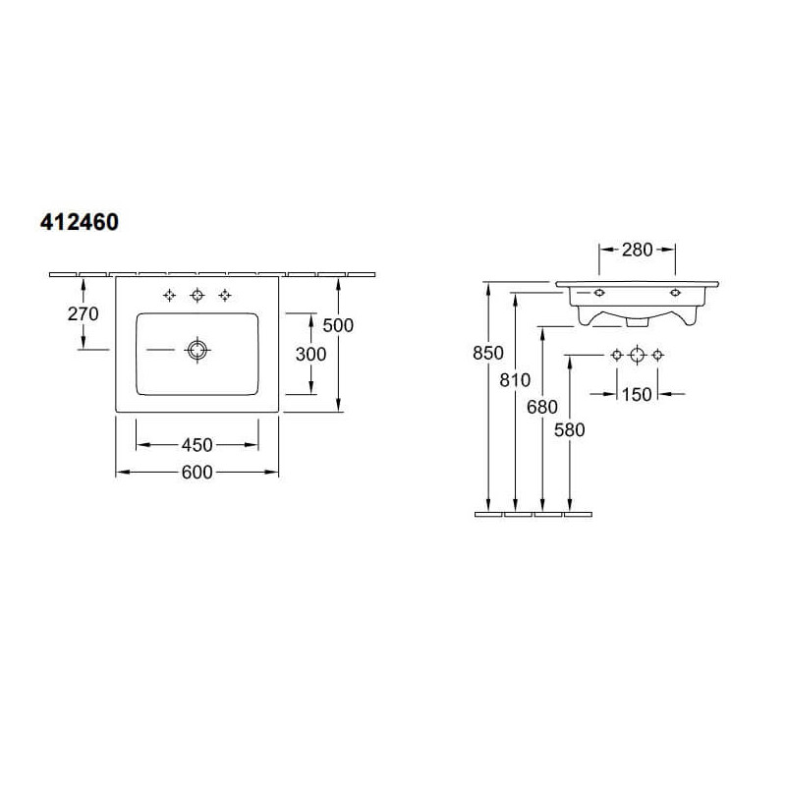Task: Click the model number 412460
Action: click(x=80, y=222)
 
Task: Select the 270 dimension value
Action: click(x=84, y=314)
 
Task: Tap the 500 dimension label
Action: click(x=338, y=326)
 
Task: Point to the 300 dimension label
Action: click(x=310, y=355)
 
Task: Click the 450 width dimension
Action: click(x=197, y=445)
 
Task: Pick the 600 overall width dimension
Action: click(x=197, y=473)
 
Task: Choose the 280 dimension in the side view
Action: click(x=637, y=250)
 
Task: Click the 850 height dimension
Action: click(x=487, y=353)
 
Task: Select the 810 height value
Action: click(x=515, y=380)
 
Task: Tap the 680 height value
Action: click(x=542, y=407)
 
